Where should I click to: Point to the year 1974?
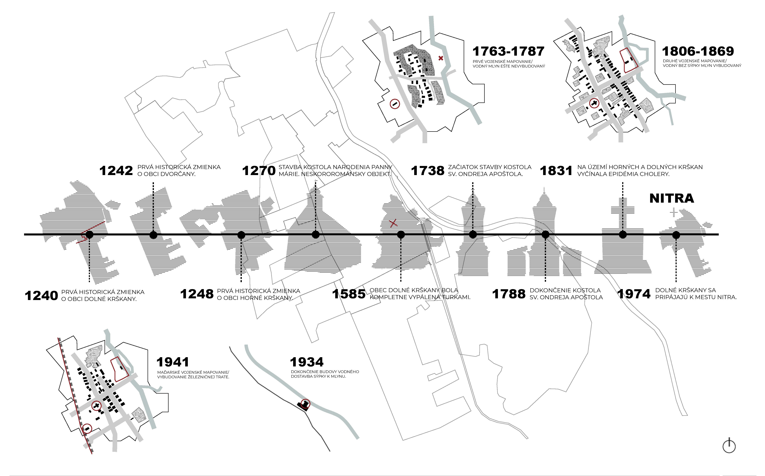[634, 294]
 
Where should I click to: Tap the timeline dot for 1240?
[89, 235]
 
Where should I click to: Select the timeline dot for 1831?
[623, 235]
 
